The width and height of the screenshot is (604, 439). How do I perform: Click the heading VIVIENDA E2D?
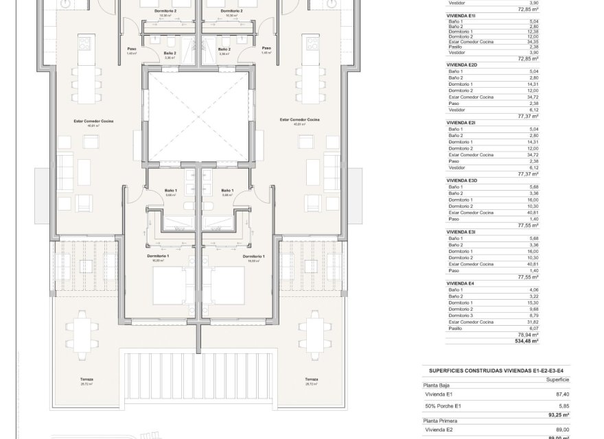point(463,63)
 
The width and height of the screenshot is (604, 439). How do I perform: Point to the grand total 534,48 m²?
point(526,340)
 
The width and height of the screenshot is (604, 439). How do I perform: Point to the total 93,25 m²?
point(527,414)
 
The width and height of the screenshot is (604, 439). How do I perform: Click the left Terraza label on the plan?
point(86,379)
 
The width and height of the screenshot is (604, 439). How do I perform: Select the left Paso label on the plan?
point(132,48)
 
